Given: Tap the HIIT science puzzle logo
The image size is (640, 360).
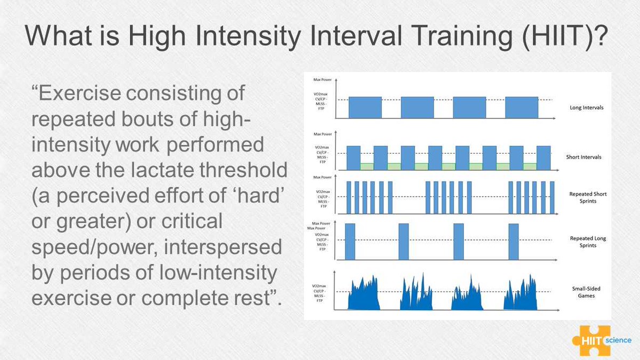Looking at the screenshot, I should pyautogui.click(x=601, y=340).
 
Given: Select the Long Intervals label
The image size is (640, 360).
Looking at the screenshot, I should pyautogui.click(x=587, y=108).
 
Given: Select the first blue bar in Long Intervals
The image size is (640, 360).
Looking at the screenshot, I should pyautogui.click(x=365, y=107).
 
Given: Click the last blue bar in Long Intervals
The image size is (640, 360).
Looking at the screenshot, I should pyautogui.click(x=521, y=107).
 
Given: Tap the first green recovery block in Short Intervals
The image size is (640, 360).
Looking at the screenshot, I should pyautogui.click(x=367, y=166).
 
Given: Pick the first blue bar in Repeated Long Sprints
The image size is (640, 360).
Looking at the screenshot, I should pyautogui.click(x=350, y=242).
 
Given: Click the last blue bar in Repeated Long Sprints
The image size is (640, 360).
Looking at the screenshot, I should pyautogui.click(x=514, y=242).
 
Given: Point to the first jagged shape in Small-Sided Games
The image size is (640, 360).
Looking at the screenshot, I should pyautogui.click(x=364, y=296).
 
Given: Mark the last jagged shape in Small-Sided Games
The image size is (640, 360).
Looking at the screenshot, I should pyautogui.click(x=521, y=296).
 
